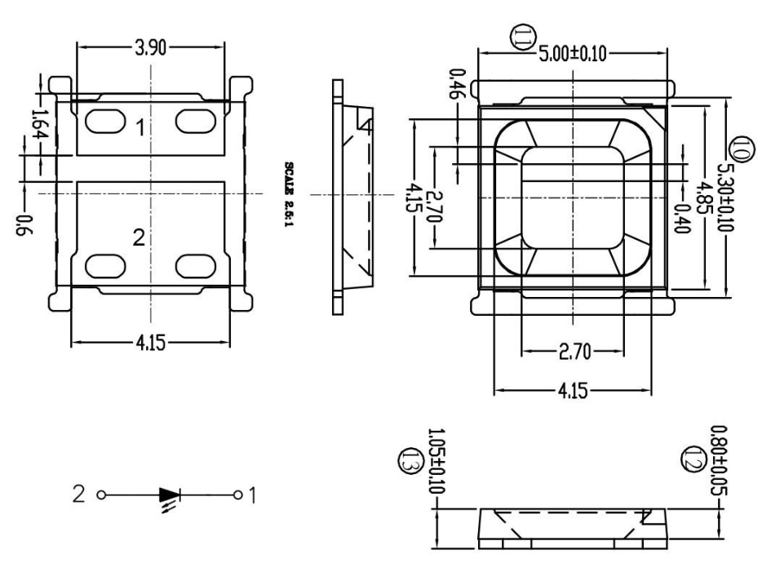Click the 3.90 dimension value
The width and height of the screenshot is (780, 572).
[x=151, y=48]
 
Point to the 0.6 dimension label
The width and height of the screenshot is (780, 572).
[x=24, y=225]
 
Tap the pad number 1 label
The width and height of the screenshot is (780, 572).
[x=141, y=127]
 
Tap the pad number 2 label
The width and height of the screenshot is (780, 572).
[x=139, y=237]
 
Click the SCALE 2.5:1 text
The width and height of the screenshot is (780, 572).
[x=289, y=194]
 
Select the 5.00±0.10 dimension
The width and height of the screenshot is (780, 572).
[x=573, y=54]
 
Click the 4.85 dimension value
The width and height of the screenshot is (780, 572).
[x=702, y=197]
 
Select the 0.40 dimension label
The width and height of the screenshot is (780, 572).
[x=681, y=219]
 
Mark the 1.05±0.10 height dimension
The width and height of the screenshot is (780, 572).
[x=437, y=461]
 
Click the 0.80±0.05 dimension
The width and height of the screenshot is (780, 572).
[x=719, y=460]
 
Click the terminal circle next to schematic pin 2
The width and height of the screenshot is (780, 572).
[x=101, y=495]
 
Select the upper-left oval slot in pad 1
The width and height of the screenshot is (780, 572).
[x=105, y=122]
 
